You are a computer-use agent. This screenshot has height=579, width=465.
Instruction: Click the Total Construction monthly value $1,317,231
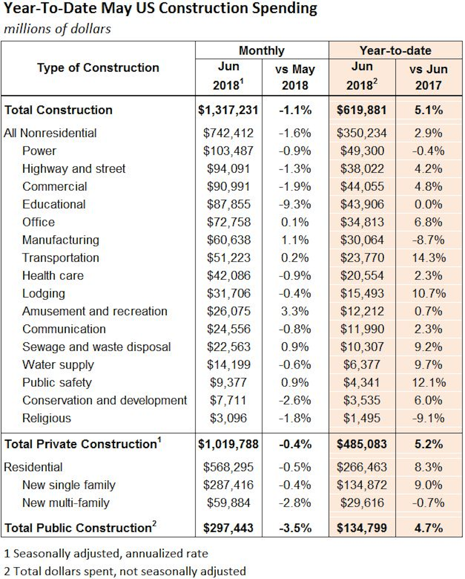coord(228,110)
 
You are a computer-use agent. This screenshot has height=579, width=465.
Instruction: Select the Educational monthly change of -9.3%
coord(295,204)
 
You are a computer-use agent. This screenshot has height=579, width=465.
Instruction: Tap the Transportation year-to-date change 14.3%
coord(429,258)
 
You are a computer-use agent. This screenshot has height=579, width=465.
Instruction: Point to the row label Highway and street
coord(74,169)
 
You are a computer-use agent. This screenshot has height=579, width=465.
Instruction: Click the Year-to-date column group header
coord(395,51)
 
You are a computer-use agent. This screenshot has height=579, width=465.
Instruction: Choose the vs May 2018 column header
coord(295,77)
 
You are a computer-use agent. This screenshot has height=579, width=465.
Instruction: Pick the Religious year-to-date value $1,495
coord(362,418)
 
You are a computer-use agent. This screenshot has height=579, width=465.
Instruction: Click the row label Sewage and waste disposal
coord(96,347)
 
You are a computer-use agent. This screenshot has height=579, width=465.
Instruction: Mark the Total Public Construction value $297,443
coord(228,528)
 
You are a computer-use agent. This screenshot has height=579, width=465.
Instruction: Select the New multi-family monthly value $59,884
coord(228,503)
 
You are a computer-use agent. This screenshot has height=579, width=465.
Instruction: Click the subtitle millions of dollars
coord(57,29)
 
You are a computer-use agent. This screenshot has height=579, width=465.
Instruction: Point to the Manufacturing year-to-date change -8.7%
coord(429,240)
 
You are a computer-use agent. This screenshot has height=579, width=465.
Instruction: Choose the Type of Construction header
coord(98,68)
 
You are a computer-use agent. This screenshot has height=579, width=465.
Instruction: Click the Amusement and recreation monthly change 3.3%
coord(295,311)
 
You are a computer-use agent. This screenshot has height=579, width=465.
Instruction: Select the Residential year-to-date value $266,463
coord(362,467)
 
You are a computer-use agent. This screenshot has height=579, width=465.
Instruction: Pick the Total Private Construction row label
coord(82,444)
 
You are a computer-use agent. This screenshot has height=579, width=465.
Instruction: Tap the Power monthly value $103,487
coord(228,151)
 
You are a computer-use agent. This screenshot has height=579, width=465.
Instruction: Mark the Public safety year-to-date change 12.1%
coord(429,382)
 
